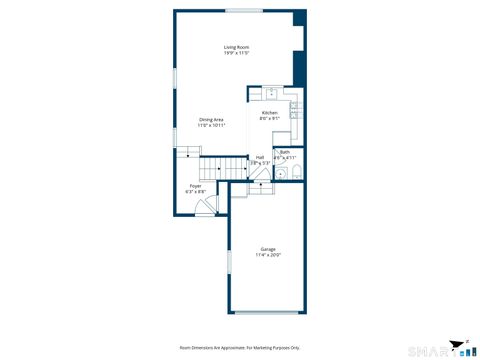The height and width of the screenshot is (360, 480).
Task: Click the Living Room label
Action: pos(236,47)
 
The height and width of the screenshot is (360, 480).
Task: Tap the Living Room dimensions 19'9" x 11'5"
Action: pos(236,53)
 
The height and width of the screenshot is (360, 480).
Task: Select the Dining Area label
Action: pos(210,119)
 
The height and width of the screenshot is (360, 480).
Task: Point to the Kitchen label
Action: pos(270,113)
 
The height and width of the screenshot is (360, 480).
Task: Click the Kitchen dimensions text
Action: pos(270,119)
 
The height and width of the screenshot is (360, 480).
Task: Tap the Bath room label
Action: pos(285,152)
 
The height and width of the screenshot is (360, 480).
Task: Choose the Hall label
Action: pos(260,156)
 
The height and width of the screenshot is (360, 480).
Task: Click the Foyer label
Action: pos(195,186)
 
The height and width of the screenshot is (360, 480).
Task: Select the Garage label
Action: pos(268,249)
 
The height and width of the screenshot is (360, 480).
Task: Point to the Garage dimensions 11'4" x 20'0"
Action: pos(268,255)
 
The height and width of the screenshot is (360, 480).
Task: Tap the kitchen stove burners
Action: pos(295,111)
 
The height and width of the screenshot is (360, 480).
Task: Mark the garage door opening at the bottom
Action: pos(267,313)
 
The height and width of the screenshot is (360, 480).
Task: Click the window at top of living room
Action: pos(244,11)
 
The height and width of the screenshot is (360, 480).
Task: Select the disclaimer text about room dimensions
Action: pos(240,347)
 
